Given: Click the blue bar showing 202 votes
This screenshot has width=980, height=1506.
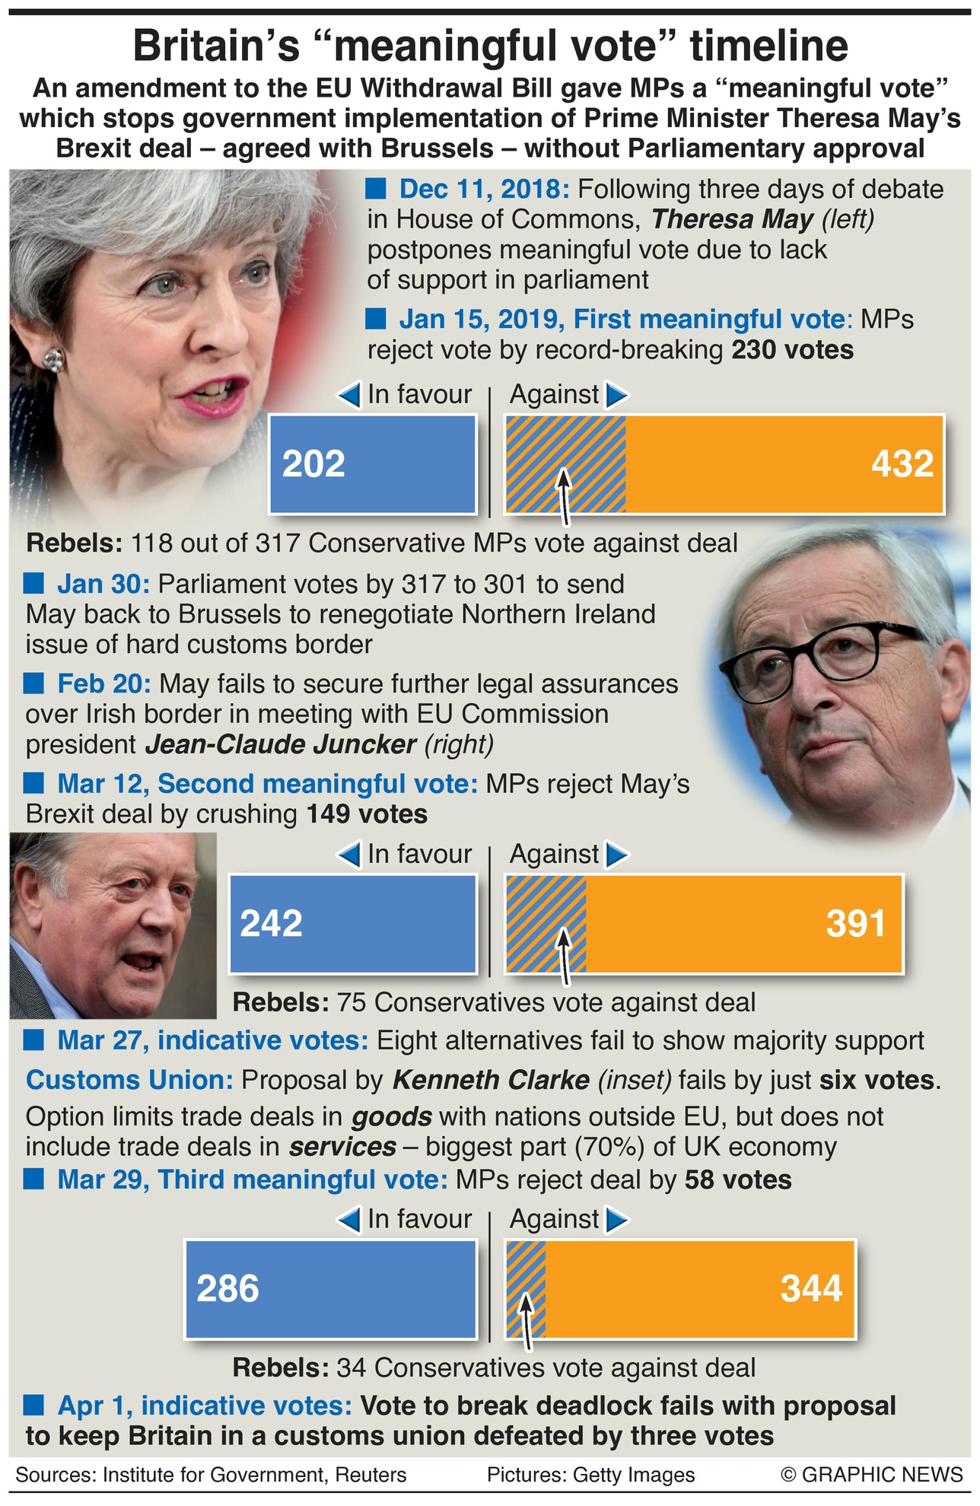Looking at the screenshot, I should [373, 464].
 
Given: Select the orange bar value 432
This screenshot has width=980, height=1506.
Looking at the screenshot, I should [902, 464].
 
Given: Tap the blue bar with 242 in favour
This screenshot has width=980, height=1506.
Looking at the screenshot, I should [352, 924].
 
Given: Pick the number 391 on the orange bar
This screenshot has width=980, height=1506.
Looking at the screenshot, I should [856, 924].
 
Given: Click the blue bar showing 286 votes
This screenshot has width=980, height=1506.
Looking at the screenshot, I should [330, 1289].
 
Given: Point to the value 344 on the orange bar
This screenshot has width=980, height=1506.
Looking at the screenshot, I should [811, 1289].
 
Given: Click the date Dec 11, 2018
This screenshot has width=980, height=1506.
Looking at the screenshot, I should [487, 189].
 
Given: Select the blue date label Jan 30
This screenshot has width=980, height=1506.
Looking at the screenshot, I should [103, 584].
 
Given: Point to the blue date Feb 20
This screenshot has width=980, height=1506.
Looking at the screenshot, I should [104, 684].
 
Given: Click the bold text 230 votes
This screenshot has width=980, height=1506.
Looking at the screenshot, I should [792, 350].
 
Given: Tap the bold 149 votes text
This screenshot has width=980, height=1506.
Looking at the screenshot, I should [367, 814].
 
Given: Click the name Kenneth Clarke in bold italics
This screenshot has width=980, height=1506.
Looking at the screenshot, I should [491, 1080].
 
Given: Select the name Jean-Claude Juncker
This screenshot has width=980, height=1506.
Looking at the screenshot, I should [280, 744].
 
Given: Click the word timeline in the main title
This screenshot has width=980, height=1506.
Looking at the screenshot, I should [769, 47].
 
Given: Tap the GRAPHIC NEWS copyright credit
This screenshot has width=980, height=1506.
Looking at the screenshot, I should [872, 1475].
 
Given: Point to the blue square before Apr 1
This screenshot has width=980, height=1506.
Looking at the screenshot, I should [34, 1404].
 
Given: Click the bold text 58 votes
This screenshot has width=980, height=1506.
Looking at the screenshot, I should [738, 1180].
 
